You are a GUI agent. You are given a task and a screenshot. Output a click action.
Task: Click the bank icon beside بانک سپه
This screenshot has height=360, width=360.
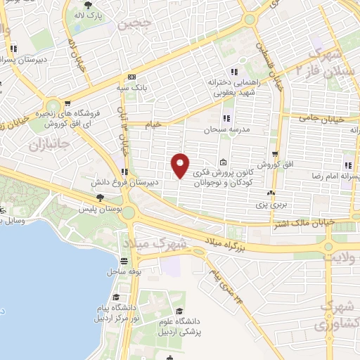tap(131, 77)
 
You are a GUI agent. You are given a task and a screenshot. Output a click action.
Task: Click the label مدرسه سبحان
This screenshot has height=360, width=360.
tap(223, 130)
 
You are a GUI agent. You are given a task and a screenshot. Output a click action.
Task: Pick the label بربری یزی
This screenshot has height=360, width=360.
tap(269, 205)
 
